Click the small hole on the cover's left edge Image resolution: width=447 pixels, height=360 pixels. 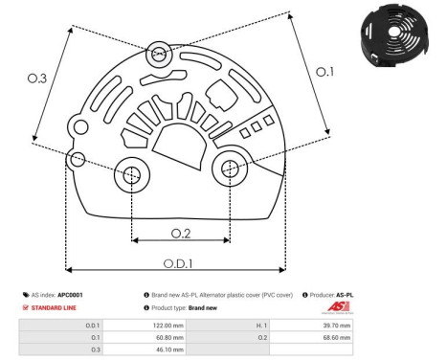point(78,157)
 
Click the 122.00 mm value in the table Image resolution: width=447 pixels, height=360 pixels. point(169,326)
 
